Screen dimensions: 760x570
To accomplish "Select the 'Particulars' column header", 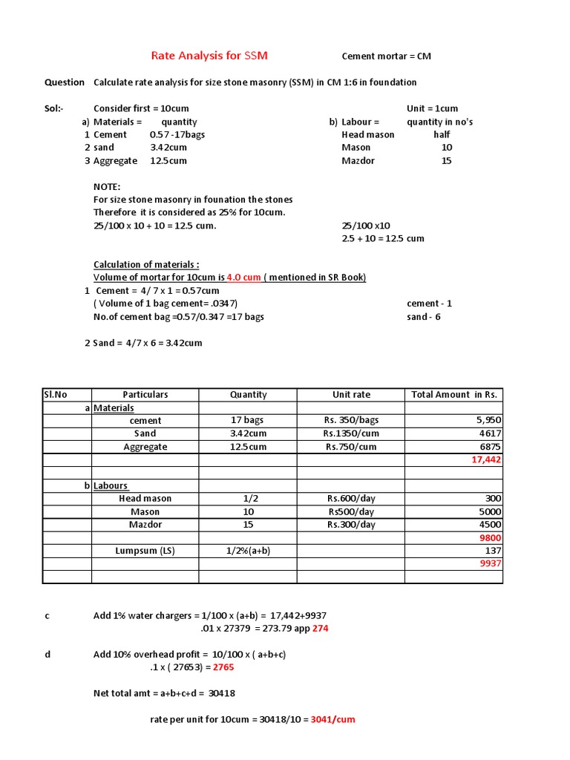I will pyautogui.click(x=145, y=395).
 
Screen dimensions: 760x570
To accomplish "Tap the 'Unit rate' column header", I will pyautogui.click(x=351, y=395).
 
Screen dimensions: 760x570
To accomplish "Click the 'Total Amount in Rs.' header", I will pyautogui.click(x=454, y=395).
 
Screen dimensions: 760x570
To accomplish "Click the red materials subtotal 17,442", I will pyautogui.click(x=486, y=460).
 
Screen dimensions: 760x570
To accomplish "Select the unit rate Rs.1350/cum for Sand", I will pyautogui.click(x=351, y=433).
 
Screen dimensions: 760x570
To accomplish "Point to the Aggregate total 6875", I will pyautogui.click(x=491, y=447).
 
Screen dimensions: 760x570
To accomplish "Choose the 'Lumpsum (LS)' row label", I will pyautogui.click(x=145, y=551).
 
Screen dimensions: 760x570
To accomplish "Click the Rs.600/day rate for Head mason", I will pyautogui.click(x=351, y=499).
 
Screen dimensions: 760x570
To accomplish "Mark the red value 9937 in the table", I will pyautogui.click(x=491, y=564).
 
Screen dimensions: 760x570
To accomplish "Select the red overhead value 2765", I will pyautogui.click(x=223, y=667).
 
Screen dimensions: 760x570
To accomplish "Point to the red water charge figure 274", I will pyautogui.click(x=320, y=629).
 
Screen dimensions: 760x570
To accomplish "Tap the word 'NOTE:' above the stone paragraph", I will pyautogui.click(x=107, y=186).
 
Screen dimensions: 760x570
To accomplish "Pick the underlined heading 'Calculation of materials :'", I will pyautogui.click(x=146, y=265).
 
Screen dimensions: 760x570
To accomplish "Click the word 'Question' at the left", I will pyautogui.click(x=64, y=82).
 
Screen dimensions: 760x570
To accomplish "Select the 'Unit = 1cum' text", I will pyautogui.click(x=432, y=108).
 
